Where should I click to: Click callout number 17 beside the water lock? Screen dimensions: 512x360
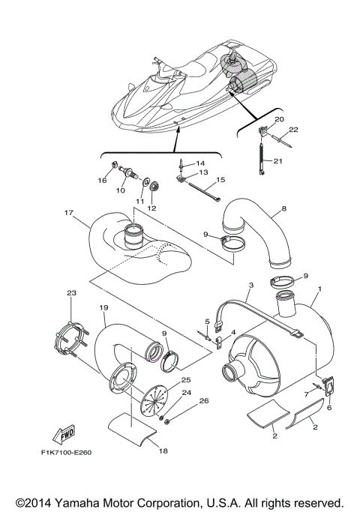click(68, 212)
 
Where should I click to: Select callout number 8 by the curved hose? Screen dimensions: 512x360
click(283, 208)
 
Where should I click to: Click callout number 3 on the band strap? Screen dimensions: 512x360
click(251, 286)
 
